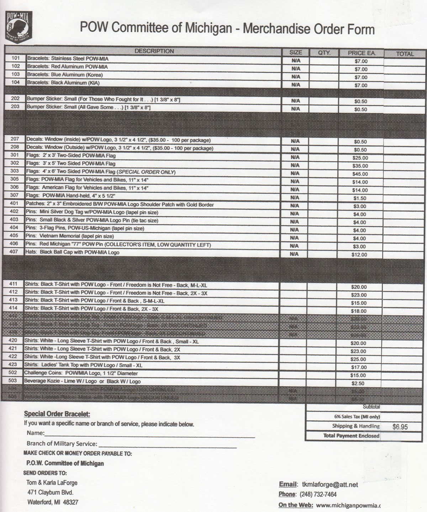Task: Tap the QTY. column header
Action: point(324,53)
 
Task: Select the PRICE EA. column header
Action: point(361,53)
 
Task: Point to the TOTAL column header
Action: point(405,54)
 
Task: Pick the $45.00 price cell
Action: point(360,174)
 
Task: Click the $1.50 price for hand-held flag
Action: point(360,198)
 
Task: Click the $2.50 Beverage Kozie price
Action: point(358,384)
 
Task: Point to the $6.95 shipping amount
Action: point(400,427)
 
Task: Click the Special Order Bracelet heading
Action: point(57,414)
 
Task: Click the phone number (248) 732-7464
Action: point(318,495)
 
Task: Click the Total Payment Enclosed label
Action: point(351,436)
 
